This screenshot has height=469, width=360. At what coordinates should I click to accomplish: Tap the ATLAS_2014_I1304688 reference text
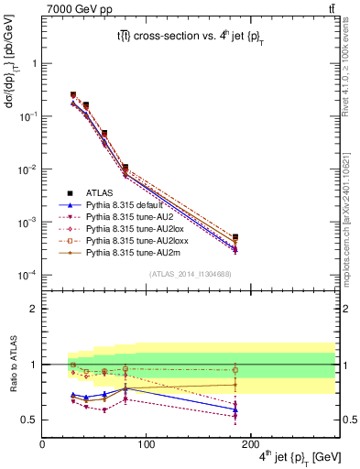pyautogui.click(x=190, y=274)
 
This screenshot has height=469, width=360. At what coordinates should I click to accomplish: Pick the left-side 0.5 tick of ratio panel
pyautogui.click(x=30, y=420)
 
